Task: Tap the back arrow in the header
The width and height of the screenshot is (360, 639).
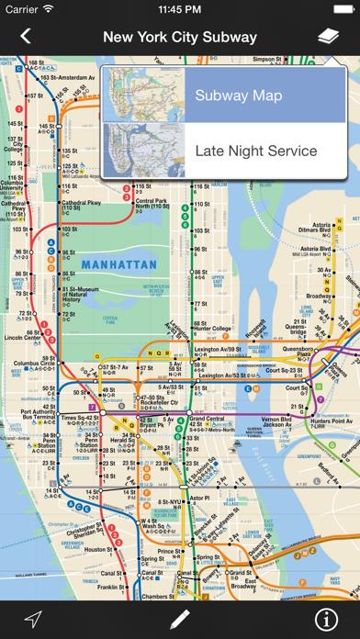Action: [x=25, y=37]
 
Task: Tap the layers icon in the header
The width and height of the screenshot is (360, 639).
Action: [x=328, y=37]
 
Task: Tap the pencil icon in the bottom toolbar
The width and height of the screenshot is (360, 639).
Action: [x=180, y=618]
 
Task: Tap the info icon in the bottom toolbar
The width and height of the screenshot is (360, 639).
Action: [x=328, y=618]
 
